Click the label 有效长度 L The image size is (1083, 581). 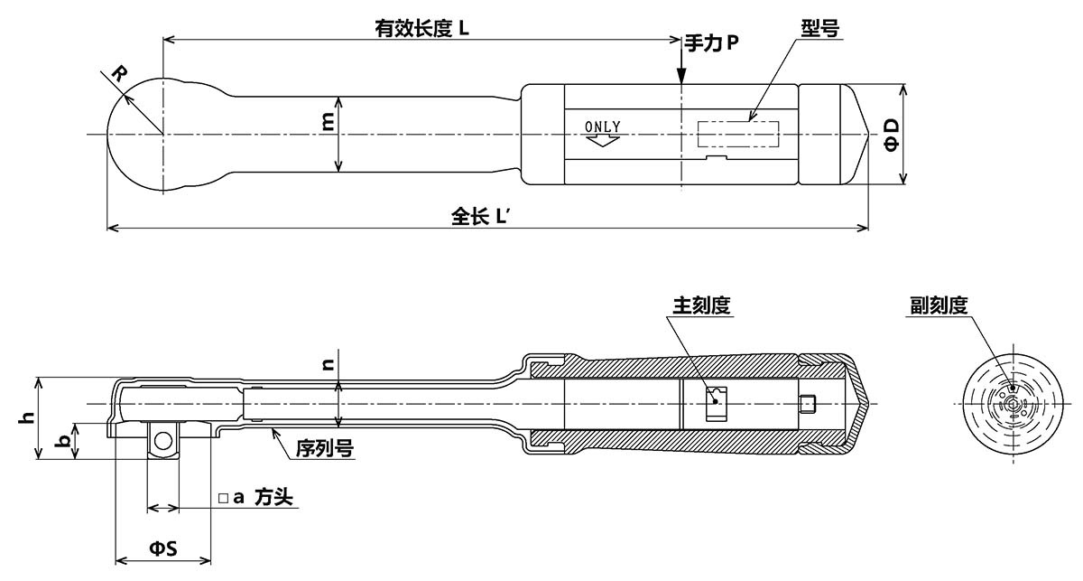[x=422, y=28]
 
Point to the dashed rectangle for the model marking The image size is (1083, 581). [x=739, y=134]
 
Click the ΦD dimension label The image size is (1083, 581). [x=891, y=134]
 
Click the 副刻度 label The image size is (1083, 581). [x=939, y=305]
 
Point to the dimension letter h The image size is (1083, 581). [x=27, y=417]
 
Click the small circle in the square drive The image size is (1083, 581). [x=162, y=441]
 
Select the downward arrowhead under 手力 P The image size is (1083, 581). [x=681, y=80]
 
